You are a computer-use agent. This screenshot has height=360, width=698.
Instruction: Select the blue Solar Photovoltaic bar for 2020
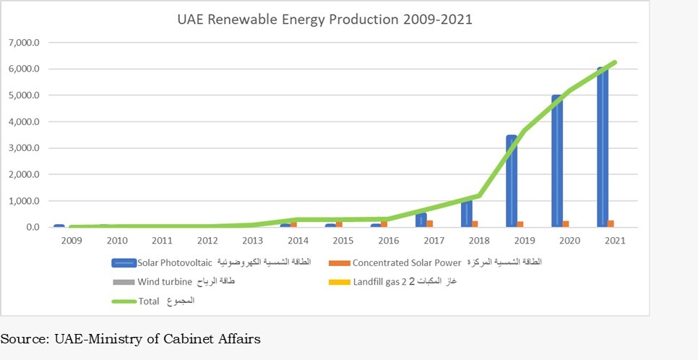coord(556,162)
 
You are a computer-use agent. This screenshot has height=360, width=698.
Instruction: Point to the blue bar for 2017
coord(421,220)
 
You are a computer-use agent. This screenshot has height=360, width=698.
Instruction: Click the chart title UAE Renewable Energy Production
coord(325,20)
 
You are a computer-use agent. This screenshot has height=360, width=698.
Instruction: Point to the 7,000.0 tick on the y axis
coord(25,43)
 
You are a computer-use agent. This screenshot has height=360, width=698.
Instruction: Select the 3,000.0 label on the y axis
coord(25,148)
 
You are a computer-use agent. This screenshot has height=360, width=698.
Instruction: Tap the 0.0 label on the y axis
coord(31,227)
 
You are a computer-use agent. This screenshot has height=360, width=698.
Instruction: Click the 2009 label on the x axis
coord(72,240)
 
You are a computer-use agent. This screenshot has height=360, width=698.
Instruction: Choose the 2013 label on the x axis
coord(253,240)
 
